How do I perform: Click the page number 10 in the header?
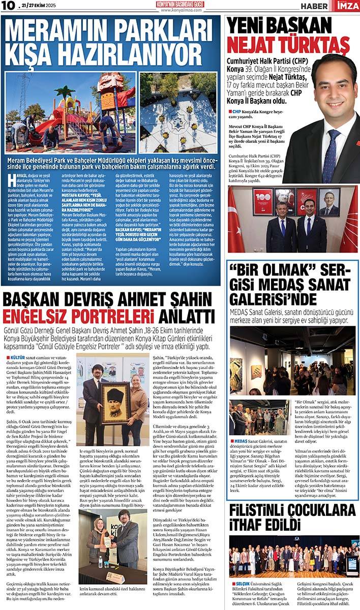coord(9,6)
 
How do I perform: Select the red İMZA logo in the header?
coord(348,6)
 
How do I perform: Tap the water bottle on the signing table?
coord(100,562)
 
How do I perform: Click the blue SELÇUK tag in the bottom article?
coord(241,584)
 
